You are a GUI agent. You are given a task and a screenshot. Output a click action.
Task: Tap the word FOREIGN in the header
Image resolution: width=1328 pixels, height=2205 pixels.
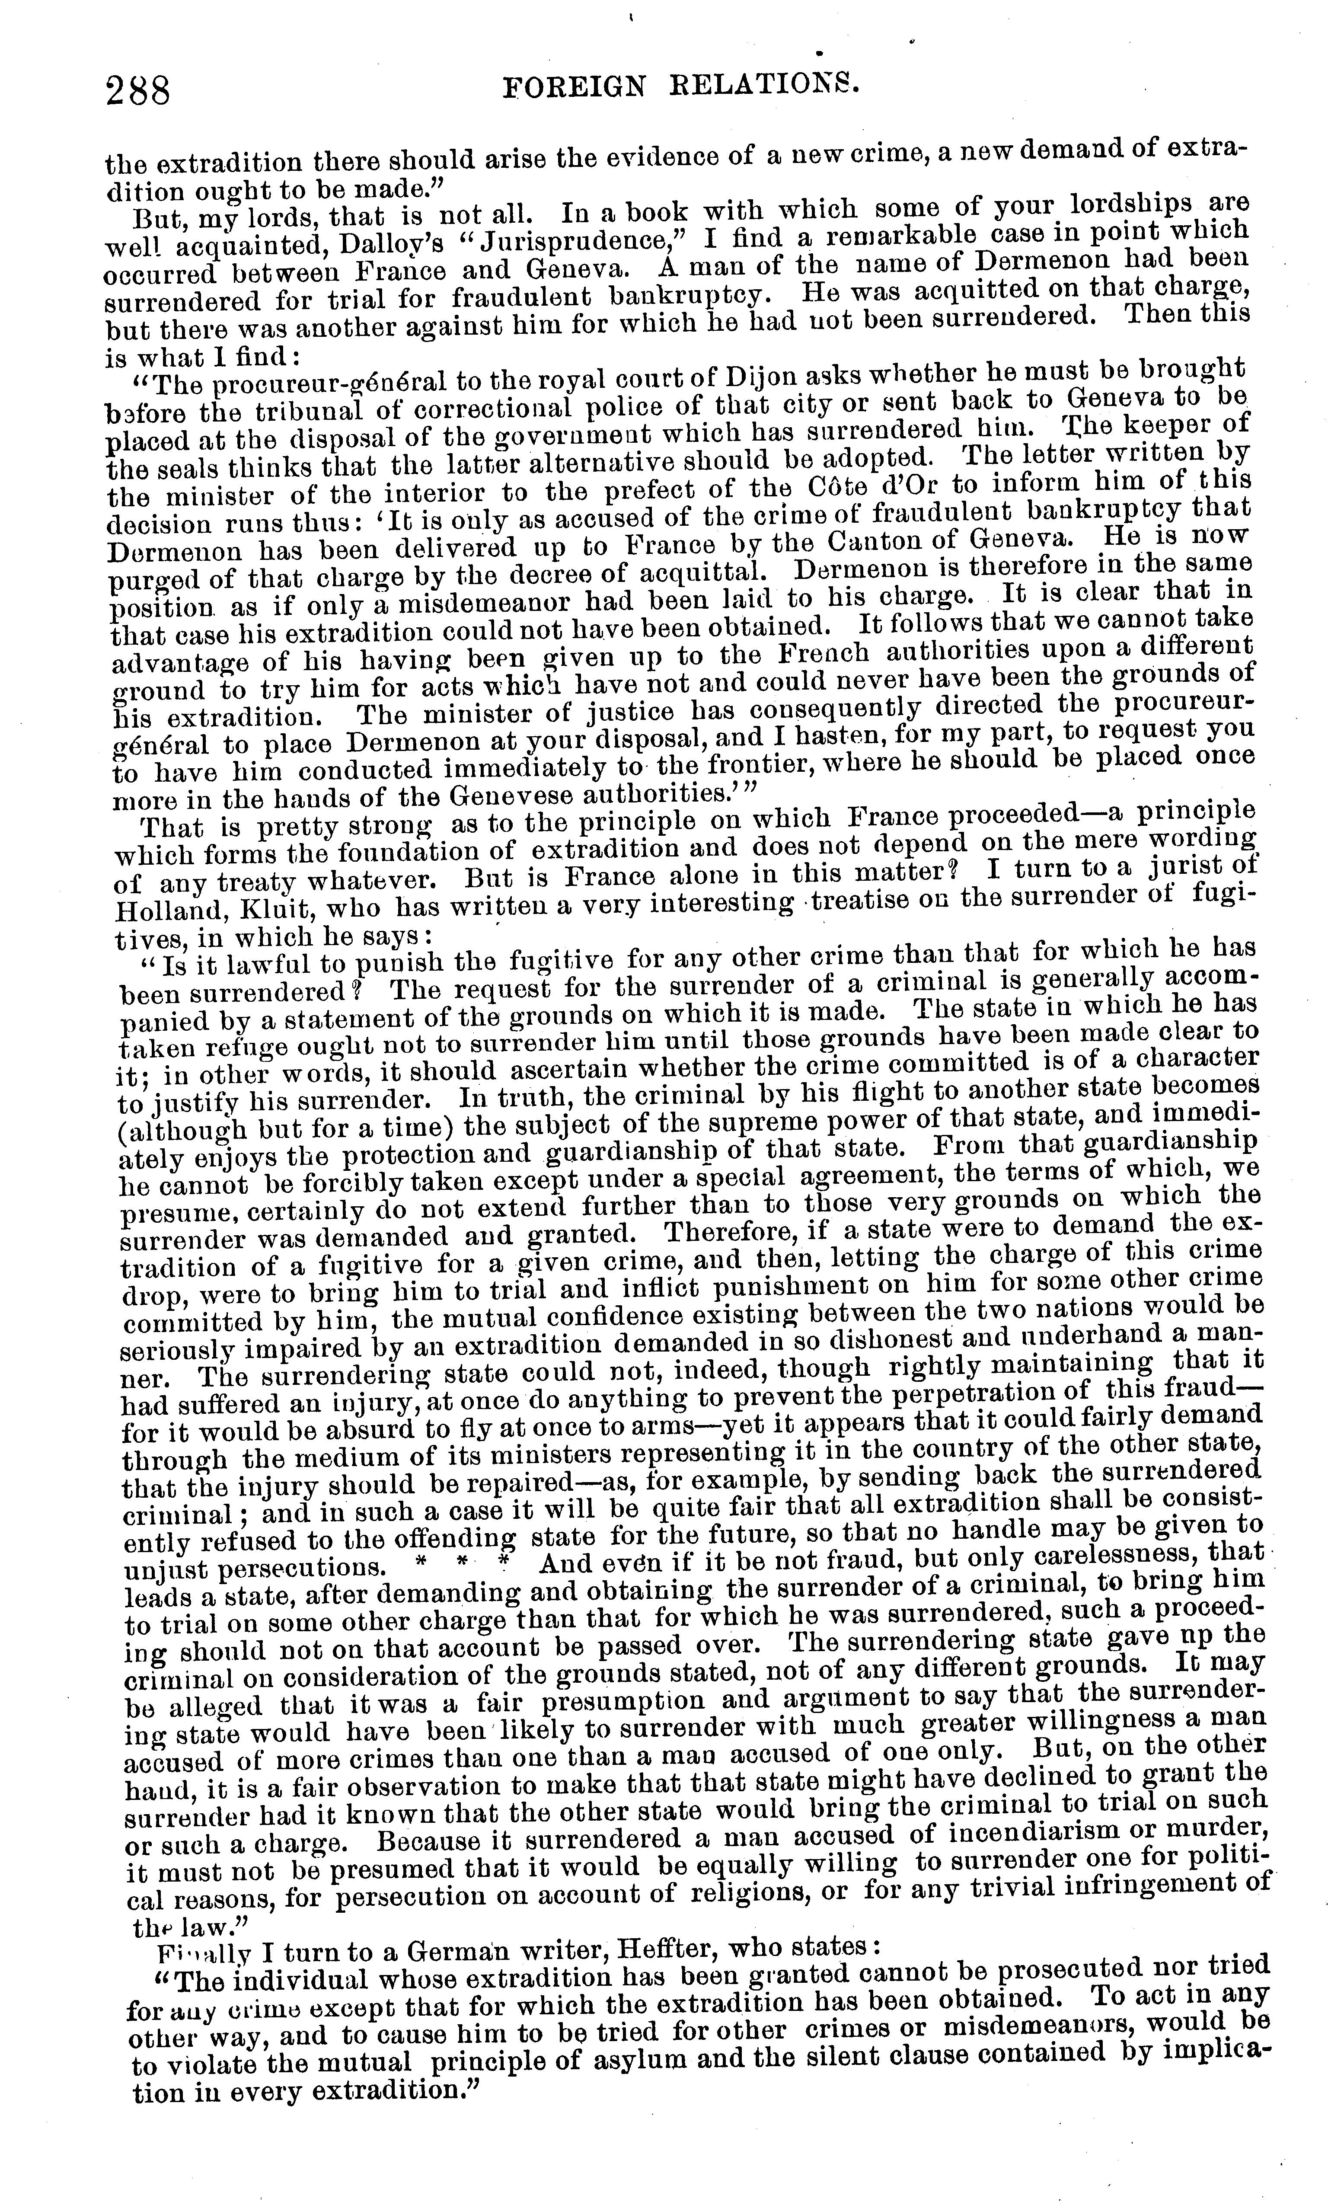click(574, 87)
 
